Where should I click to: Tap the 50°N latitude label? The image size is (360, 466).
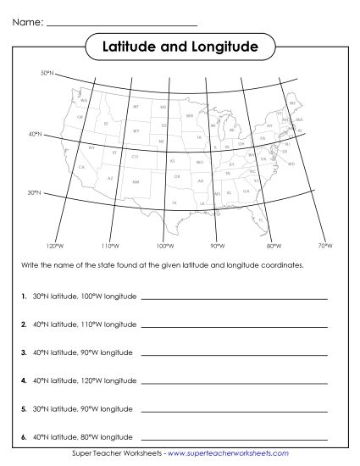click(47, 74)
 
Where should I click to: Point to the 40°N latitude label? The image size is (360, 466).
click(36, 134)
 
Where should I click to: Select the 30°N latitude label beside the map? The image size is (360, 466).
click(35, 192)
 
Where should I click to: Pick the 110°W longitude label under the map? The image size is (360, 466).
click(108, 246)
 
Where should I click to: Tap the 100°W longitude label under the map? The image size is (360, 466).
click(167, 246)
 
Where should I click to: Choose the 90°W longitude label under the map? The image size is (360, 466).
click(217, 246)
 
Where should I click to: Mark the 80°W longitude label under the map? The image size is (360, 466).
click(274, 246)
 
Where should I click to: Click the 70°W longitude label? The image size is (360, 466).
click(324, 246)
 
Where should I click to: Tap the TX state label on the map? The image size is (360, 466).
click(174, 203)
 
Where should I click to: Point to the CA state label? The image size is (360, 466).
click(81, 167)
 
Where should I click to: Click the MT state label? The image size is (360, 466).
click(136, 108)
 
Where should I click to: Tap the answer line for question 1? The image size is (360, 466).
click(234, 299)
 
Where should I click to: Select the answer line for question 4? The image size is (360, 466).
click(234, 380)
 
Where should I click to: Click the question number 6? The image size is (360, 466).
click(23, 436)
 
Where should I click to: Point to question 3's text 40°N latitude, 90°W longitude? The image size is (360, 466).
click(83, 352)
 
